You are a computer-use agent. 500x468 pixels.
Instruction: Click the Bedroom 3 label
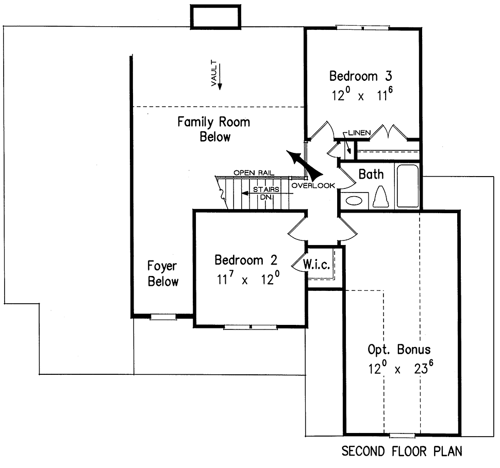pyautogui.click(x=360, y=76)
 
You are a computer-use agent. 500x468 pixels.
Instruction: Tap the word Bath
pyautogui.click(x=371, y=174)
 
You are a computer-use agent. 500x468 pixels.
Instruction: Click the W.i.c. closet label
pyautogui.click(x=316, y=265)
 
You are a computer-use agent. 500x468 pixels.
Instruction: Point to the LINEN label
pyautogui.click(x=359, y=133)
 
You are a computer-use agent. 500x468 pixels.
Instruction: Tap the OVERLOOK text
pyautogui.click(x=313, y=185)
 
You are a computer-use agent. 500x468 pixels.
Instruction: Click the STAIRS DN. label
pyautogui.click(x=265, y=193)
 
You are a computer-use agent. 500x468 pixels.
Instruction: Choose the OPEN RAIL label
pyautogui.click(x=254, y=172)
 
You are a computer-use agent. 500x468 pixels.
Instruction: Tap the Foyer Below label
pyautogui.click(x=163, y=274)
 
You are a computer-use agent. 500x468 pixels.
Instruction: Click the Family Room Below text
pyautogui.click(x=213, y=129)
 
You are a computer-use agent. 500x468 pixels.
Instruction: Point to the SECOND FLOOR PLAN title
pyautogui.click(x=402, y=452)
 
